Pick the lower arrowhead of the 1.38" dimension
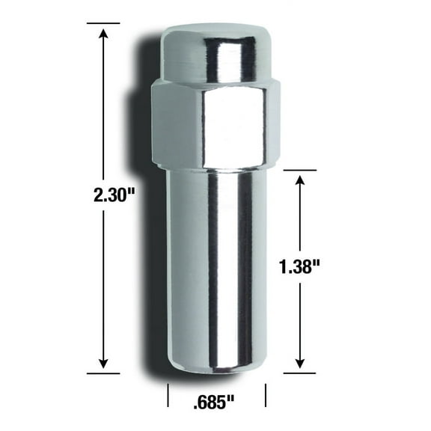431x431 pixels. [300, 362]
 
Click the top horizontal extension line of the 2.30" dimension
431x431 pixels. [103, 23]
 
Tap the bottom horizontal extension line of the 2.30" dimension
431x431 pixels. [103, 372]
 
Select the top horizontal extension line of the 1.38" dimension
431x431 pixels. [299, 170]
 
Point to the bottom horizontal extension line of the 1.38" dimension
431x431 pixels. [299, 370]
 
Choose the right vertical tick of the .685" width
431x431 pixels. [266, 394]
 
